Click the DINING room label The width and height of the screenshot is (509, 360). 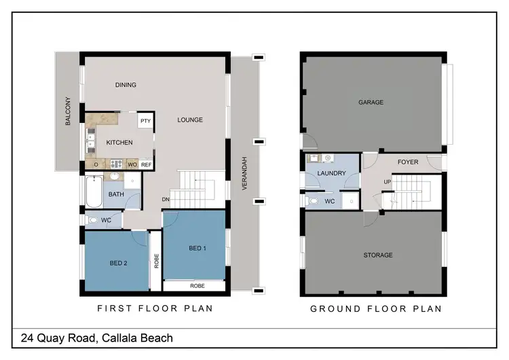click(126, 85)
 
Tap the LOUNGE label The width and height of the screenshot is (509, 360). click(190, 120)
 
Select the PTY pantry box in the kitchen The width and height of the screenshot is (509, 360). click(145, 121)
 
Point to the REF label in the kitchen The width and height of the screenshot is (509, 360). click(147, 164)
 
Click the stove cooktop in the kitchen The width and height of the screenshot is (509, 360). click(116, 164)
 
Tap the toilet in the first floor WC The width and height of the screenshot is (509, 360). click(93, 221)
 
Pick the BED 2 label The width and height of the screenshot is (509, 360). click(119, 263)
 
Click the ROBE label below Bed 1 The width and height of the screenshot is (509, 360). click(197, 286)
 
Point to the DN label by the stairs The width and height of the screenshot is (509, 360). click(165, 199)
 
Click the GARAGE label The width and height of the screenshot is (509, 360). click(371, 103)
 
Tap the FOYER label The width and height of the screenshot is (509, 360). click(407, 162)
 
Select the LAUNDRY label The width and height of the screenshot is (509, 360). click(331, 173)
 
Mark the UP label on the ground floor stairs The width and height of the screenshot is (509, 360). click(388, 181)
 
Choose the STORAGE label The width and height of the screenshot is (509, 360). click(378, 255)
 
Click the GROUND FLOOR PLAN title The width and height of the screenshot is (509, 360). click(376, 308)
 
